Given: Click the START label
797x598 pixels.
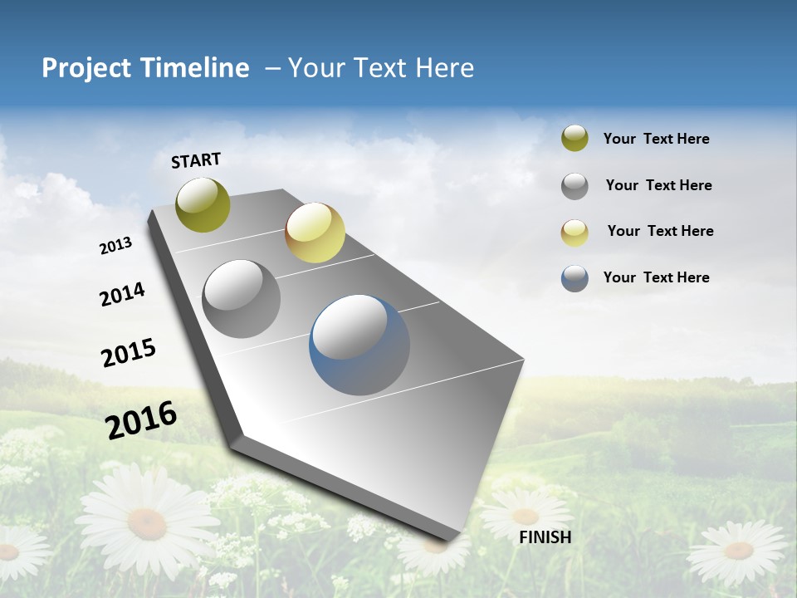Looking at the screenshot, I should [196, 160].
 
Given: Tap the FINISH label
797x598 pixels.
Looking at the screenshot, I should [545, 537].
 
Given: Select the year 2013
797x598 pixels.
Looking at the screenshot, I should [115, 246].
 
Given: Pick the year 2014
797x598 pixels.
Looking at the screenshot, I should [122, 294].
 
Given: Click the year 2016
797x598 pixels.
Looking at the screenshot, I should [141, 419].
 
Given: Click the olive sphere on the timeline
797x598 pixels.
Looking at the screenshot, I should [203, 204].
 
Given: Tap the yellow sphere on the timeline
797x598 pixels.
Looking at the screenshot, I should [315, 233].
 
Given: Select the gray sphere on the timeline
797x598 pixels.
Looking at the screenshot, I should [241, 298].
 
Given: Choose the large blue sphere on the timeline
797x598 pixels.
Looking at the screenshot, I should [359, 345].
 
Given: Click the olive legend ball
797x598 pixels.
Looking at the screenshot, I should [575, 139].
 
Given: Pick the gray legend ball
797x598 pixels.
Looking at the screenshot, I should [575, 185].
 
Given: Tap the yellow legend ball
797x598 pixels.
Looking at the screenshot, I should [575, 232].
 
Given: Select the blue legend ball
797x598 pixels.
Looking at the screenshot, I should [575, 278].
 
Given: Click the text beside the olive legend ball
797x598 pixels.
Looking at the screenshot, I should [656, 139].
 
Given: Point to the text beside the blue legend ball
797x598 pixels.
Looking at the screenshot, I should [656, 277].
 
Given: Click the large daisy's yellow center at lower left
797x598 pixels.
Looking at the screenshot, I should [147, 522].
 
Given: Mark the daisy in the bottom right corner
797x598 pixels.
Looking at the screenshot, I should [737, 551].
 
